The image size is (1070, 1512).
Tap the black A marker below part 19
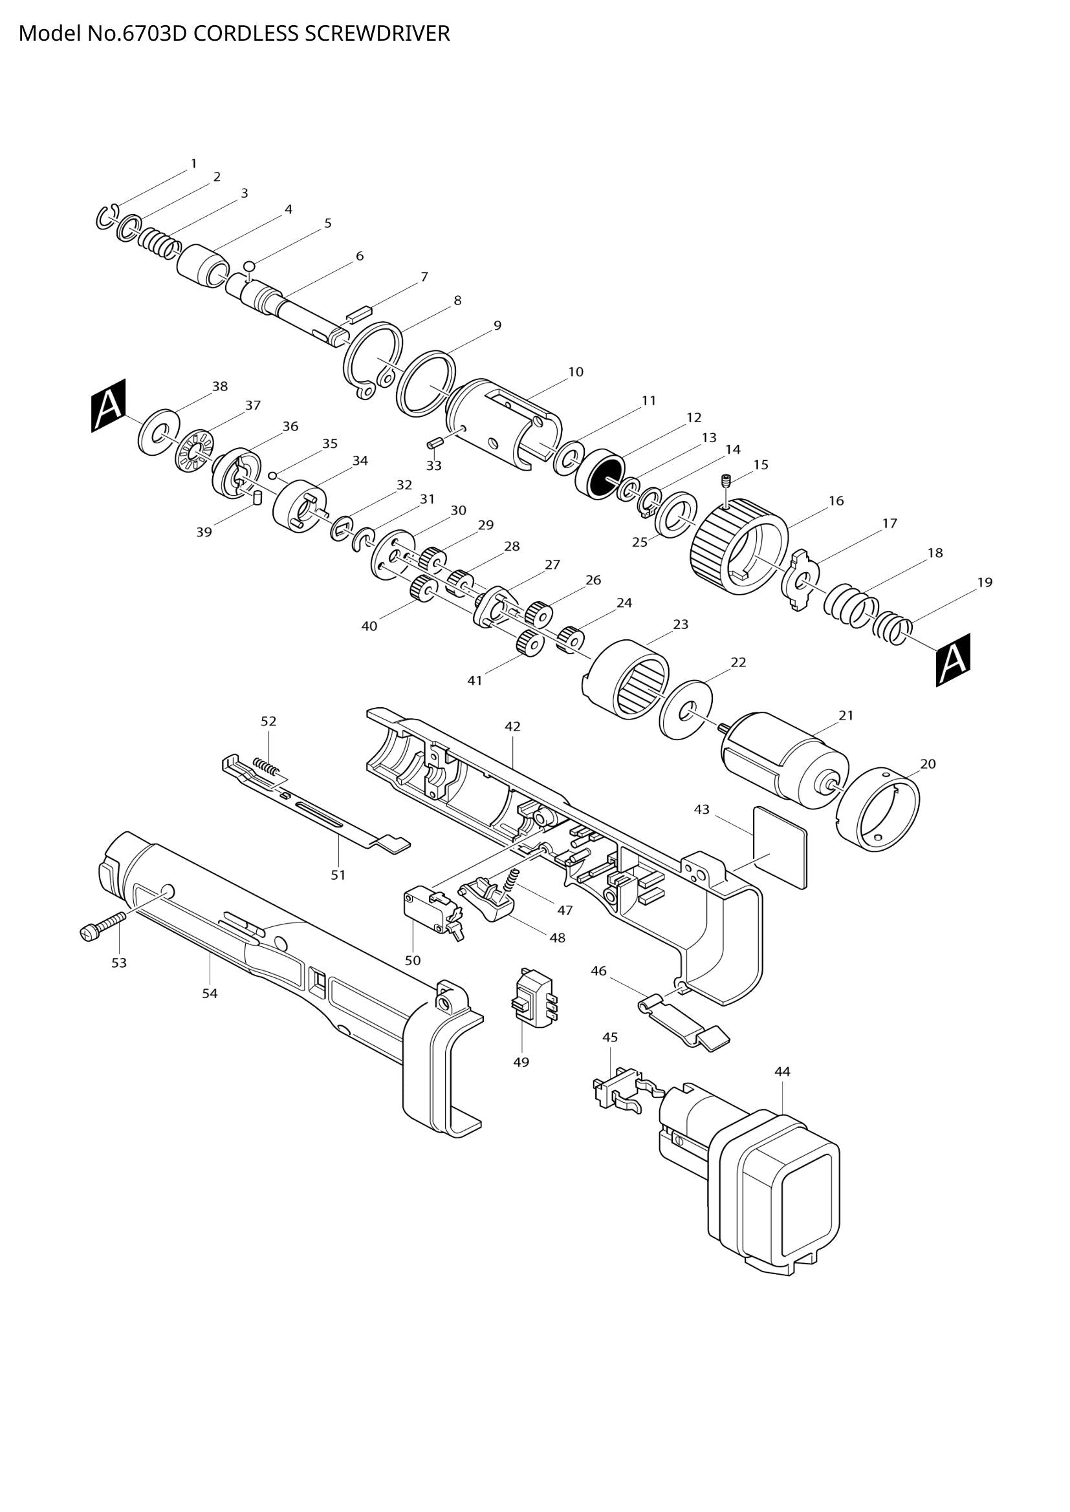953,660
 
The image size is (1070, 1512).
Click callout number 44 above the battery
781,1071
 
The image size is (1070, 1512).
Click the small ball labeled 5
249,266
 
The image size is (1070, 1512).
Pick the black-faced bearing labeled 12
600,474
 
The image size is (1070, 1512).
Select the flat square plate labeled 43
780,847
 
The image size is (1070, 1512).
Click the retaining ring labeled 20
877,811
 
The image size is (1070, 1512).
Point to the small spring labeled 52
267,766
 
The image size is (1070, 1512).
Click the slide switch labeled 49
534,999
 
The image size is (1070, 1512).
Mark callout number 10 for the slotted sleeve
576,372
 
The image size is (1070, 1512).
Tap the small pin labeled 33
433,443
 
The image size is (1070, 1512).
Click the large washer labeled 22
686,710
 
